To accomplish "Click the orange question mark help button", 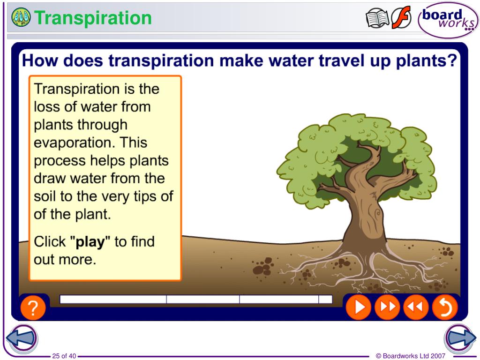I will click(x=33, y=308).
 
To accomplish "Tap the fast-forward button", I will click(x=387, y=307).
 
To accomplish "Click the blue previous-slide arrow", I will click(x=21, y=337).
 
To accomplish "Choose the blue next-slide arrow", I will click(x=460, y=337).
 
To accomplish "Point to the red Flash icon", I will click(x=401, y=18).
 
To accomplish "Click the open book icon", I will click(x=377, y=19).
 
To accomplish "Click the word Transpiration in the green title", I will click(x=93, y=18).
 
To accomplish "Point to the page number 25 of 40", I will click(x=64, y=356).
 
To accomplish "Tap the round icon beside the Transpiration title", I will click(x=21, y=18).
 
